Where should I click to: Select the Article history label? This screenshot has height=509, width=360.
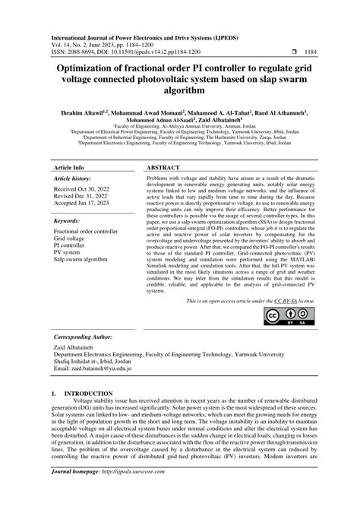click(72, 177)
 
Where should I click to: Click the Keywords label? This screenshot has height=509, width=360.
click(68, 220)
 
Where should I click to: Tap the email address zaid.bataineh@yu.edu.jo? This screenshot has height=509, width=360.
click(96, 368)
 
